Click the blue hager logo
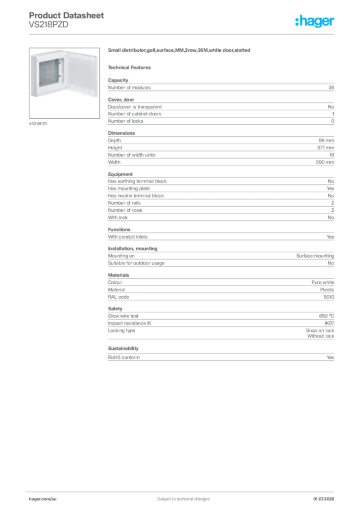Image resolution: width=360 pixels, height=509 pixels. click(315, 21)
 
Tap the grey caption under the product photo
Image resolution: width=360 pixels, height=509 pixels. click(39, 123)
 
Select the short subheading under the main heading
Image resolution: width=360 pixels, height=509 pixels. click(131, 67)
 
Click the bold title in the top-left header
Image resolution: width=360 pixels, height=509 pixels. click(67, 15)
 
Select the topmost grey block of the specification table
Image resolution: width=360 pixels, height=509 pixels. click(220, 88)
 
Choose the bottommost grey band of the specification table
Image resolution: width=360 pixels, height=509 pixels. click(220, 355)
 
